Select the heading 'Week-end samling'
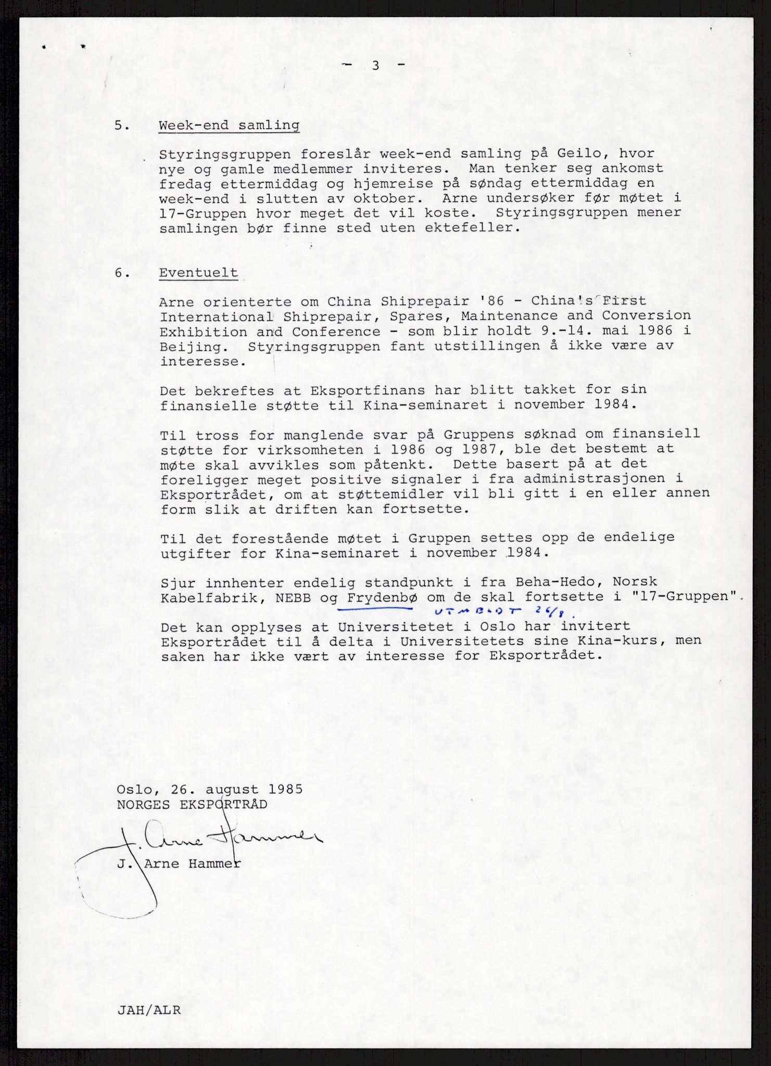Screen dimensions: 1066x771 tap(229, 125)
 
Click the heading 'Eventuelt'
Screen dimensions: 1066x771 tap(198, 273)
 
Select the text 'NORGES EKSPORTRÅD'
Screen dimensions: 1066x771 tap(192, 804)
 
